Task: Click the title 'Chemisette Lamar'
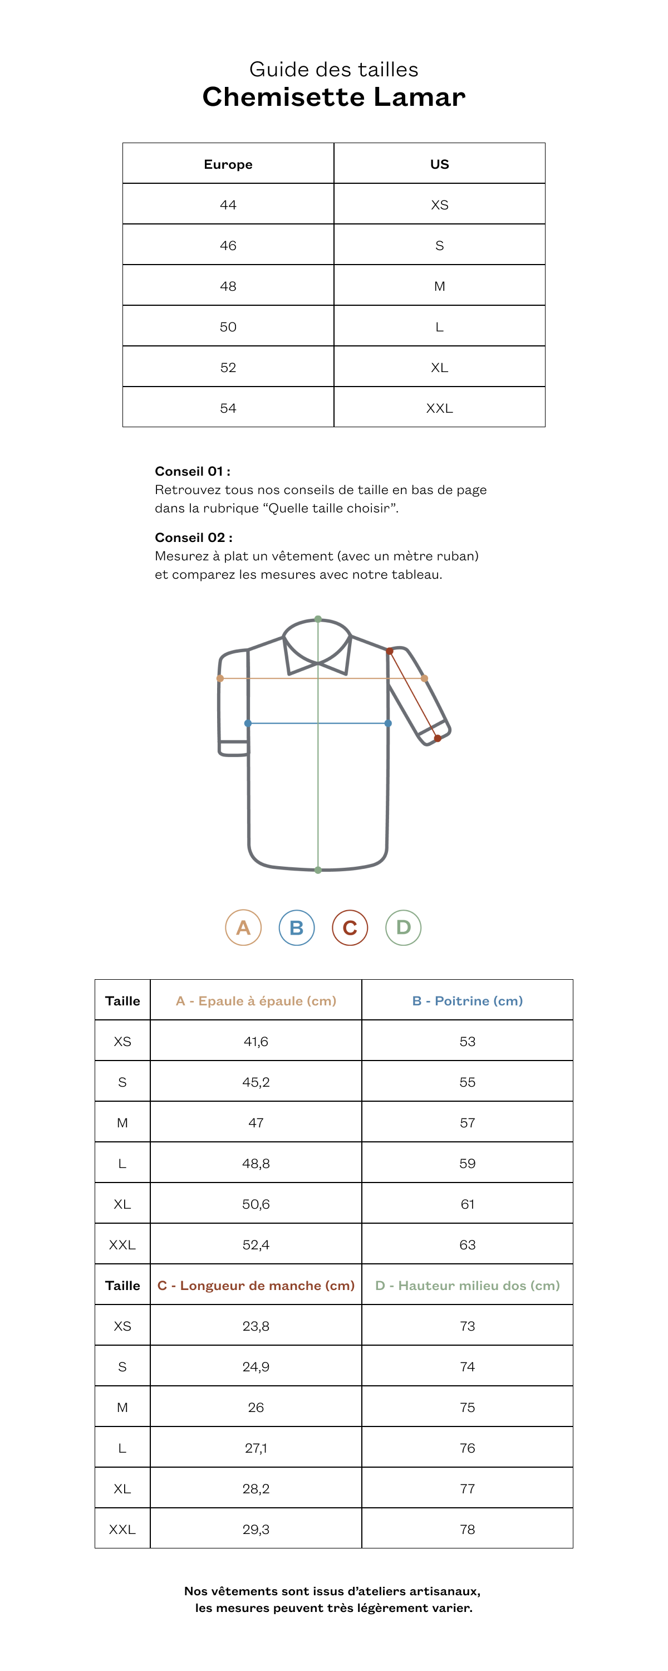coord(333,97)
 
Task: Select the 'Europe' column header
coord(228,164)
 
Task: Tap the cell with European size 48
coord(228,286)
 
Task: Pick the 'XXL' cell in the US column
coord(439,408)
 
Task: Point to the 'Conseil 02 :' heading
coord(193,538)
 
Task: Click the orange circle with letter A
coord(243,927)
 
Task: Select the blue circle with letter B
coord(296,927)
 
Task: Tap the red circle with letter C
coord(350,927)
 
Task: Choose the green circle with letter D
coord(404,927)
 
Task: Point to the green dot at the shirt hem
coord(318,870)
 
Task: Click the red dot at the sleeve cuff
coord(438,738)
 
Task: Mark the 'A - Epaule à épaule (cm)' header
coord(256,1001)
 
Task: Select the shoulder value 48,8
coord(256,1164)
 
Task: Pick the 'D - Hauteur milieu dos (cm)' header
coord(467,1286)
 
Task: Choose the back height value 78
coord(467,1530)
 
